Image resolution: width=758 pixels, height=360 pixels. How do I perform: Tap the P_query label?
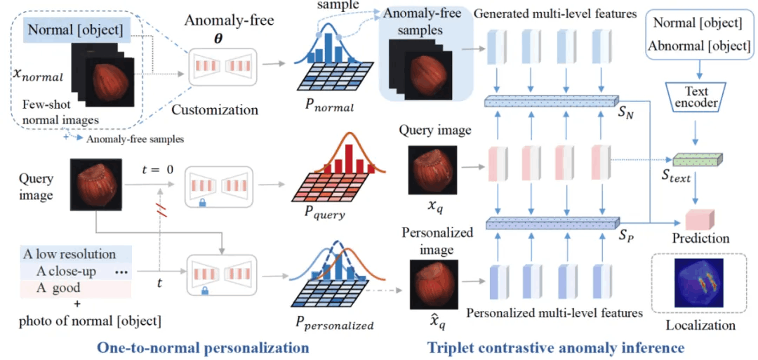[x=326, y=214]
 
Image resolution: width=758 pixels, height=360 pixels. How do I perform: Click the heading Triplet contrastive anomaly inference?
[x=555, y=347]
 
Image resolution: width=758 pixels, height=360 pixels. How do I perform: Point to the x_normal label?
[x=37, y=75]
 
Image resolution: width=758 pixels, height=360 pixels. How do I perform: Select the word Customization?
[x=215, y=109]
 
